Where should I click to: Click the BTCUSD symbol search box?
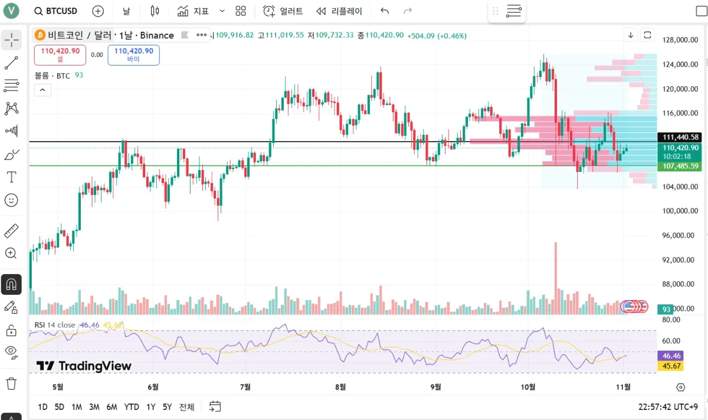pyautogui.click(x=55, y=11)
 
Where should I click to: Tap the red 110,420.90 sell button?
pyautogui.click(x=60, y=54)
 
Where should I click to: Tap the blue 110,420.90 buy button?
pyautogui.click(x=133, y=54)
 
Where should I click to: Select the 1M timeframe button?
pyautogui.click(x=77, y=407)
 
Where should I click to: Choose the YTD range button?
pyautogui.click(x=132, y=407)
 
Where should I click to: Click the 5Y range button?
pyautogui.click(x=168, y=407)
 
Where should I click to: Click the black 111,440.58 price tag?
pyautogui.click(x=681, y=137)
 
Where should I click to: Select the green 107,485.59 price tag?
pyautogui.click(x=681, y=167)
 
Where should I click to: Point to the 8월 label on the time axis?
pyautogui.click(x=340, y=387)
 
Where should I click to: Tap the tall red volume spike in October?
pyautogui.click(x=555, y=272)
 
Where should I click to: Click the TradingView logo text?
pyautogui.click(x=84, y=366)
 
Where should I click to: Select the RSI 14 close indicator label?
pyautogui.click(x=55, y=325)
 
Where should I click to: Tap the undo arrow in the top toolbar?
pyautogui.click(x=385, y=11)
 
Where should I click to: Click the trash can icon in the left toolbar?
pyautogui.click(x=11, y=384)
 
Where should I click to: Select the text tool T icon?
pyautogui.click(x=11, y=177)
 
